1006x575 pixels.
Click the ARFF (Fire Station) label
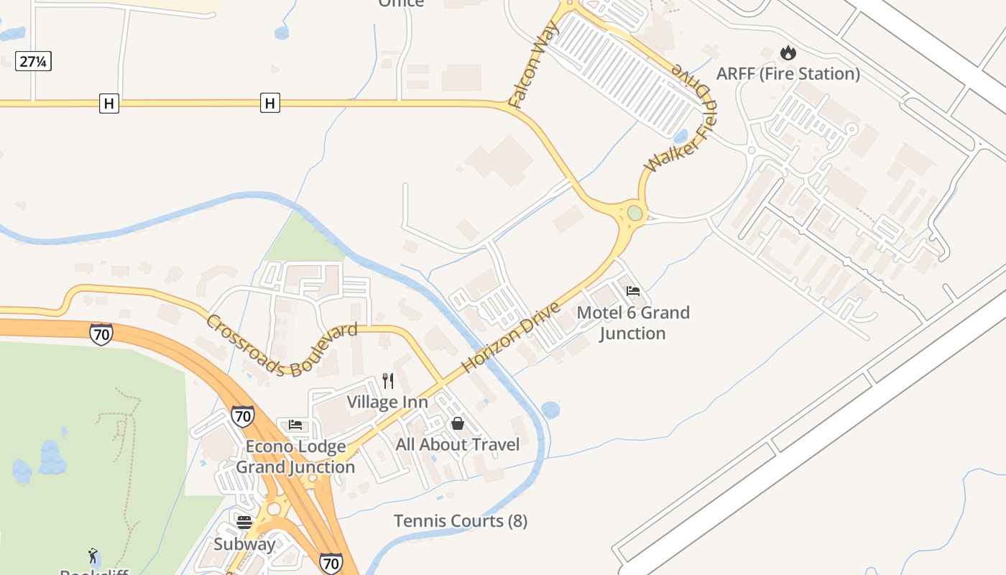point(788,73)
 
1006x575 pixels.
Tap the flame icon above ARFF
point(788,52)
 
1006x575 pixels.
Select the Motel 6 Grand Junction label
point(633,323)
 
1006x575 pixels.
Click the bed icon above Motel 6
point(633,291)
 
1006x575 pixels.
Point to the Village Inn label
point(387,402)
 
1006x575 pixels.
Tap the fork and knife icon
point(388,380)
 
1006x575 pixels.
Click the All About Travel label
point(458,444)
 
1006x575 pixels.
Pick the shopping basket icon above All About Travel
point(458,423)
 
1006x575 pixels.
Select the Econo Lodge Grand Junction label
point(295,456)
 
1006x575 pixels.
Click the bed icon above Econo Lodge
point(295,425)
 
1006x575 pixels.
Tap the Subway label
point(244,543)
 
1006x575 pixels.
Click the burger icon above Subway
point(244,522)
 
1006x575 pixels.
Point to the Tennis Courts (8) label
point(461,521)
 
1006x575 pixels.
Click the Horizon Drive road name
point(511,338)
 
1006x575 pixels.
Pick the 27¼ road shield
point(33,61)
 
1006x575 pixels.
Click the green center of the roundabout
point(634,213)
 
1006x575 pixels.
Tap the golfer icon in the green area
point(93,555)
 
